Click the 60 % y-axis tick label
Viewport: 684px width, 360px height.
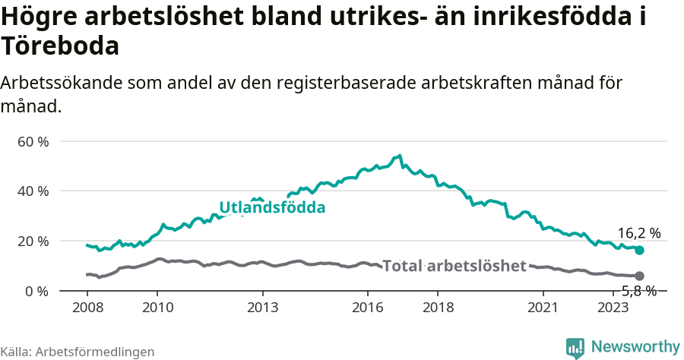coord(33,141)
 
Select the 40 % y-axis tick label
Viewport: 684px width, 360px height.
coord(33,191)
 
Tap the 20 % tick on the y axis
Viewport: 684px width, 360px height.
coord(33,241)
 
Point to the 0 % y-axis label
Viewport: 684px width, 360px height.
coord(37,291)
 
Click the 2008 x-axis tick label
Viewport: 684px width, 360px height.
coord(87,308)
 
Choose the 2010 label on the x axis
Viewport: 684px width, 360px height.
coord(157,308)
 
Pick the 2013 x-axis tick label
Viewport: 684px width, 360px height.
coord(262,308)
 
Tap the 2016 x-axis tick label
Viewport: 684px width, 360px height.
coord(367,308)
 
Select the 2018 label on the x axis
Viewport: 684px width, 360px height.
coord(438,308)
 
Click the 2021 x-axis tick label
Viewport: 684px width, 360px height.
coord(543,308)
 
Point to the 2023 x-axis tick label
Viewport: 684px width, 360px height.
coord(613,308)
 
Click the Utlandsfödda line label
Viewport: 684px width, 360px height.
coord(272,207)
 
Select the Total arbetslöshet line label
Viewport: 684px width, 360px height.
coord(454,266)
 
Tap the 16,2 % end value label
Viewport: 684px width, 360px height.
coord(638,233)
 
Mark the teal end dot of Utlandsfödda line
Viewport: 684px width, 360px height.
coord(639,250)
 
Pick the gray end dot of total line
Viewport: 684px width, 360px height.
coord(639,276)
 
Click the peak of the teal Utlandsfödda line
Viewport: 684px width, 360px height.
coord(400,156)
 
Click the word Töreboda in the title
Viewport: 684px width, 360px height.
coord(60,46)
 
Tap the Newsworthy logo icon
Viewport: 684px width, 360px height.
coord(575,347)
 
